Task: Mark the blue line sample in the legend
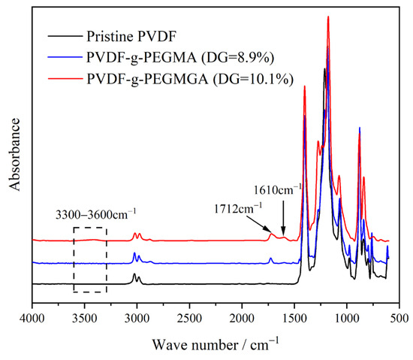pos(63,57)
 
